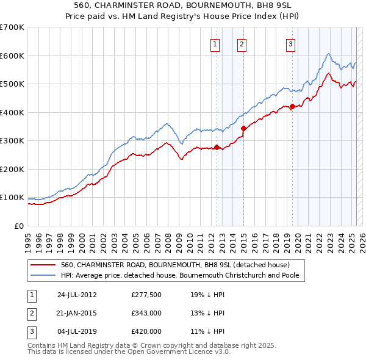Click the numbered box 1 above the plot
point(216,43)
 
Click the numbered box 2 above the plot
point(242,43)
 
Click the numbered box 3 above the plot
point(290,43)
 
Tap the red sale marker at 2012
point(217,147)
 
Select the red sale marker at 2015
point(243,128)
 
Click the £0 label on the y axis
point(19,226)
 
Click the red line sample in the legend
point(43,265)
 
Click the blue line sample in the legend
point(43,275)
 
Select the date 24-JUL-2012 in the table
point(77,294)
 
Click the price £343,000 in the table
point(146,313)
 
